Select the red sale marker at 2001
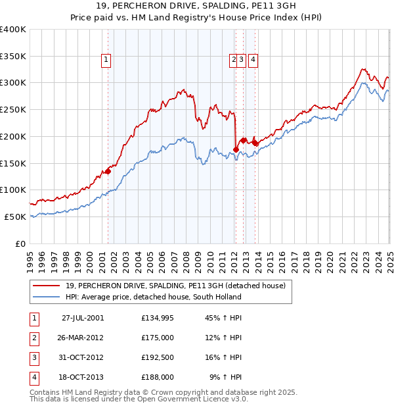pyautogui.click(x=108, y=171)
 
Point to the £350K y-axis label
pyautogui.click(x=13, y=57)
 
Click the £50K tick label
pyautogui.click(x=16, y=217)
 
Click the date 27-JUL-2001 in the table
pyautogui.click(x=82, y=318)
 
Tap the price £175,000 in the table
pyautogui.click(x=158, y=338)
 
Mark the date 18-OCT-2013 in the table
pyautogui.click(x=82, y=377)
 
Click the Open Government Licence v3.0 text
pyautogui.click(x=190, y=399)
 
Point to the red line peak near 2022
pyautogui.click(x=362, y=68)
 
